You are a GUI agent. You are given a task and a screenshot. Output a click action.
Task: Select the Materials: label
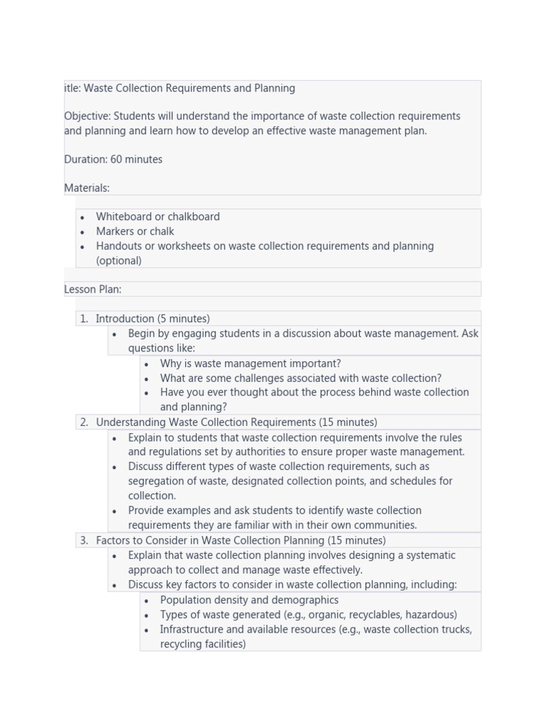point(87,188)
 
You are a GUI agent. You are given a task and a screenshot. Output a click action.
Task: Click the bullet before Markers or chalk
point(82,232)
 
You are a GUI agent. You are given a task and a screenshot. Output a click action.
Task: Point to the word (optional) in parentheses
point(119,261)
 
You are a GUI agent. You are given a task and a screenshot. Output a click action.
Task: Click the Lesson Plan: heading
point(92,290)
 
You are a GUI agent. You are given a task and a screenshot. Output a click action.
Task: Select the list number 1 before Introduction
point(84,319)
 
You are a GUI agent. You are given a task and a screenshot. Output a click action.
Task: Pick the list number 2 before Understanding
point(84,422)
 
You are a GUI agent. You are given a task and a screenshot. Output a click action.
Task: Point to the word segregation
point(156,481)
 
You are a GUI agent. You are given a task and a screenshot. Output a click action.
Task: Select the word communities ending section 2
point(387,525)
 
